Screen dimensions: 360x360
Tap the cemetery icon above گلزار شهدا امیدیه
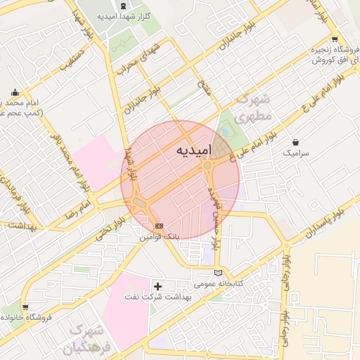pos(123,5)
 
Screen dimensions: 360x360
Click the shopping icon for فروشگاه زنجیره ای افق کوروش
pos(335,39)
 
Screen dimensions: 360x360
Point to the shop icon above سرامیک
pos(295,142)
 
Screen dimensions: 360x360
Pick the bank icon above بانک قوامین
pos(159,225)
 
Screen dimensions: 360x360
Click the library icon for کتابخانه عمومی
pos(218,273)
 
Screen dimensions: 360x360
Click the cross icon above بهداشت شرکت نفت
pos(157,286)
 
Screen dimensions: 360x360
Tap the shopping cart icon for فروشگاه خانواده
pos(25,307)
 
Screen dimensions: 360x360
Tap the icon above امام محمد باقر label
pos(15,92)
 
